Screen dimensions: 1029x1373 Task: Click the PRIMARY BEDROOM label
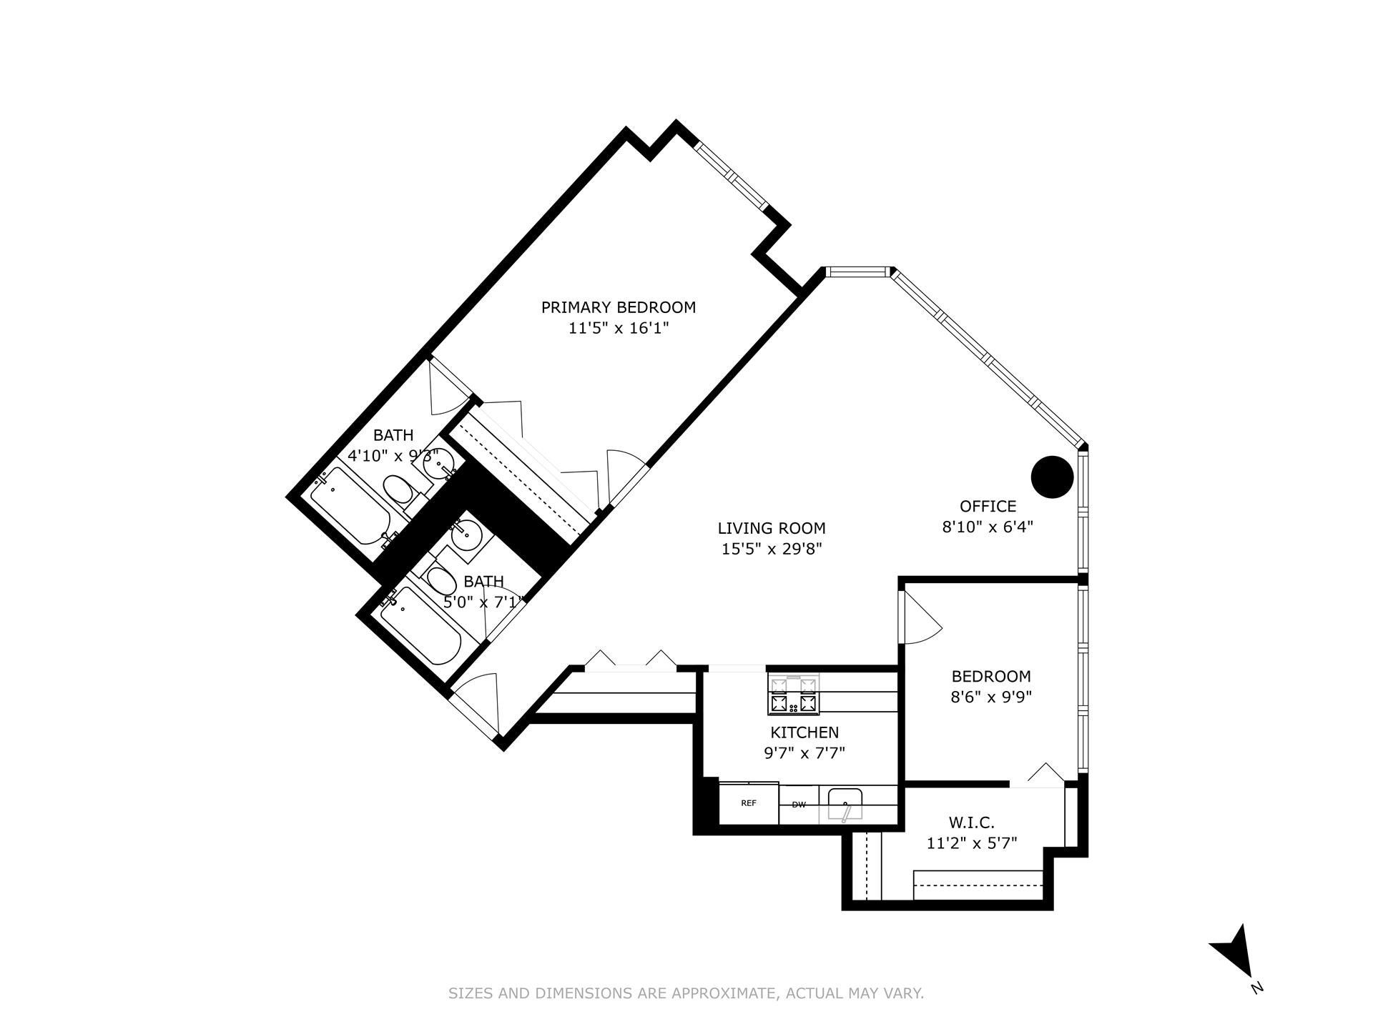(618, 307)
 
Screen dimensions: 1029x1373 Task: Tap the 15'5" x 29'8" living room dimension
(772, 550)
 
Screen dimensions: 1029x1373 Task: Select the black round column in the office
(1052, 477)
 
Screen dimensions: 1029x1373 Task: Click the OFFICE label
(988, 506)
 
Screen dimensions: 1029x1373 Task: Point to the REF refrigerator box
(748, 804)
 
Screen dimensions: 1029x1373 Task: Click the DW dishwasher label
(799, 805)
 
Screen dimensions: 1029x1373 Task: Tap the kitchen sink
(845, 804)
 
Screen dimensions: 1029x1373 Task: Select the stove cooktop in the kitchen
(793, 695)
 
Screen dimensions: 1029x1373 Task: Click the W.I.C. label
(971, 822)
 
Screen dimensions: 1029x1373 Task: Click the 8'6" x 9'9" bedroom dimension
(990, 697)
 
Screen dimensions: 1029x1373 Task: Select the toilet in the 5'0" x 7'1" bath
(441, 580)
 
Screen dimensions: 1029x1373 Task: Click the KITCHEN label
(804, 732)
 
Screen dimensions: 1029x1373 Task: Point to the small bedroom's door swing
(921, 622)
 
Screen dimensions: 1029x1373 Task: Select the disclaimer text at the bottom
(686, 993)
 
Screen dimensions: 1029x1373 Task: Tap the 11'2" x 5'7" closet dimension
(971, 843)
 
